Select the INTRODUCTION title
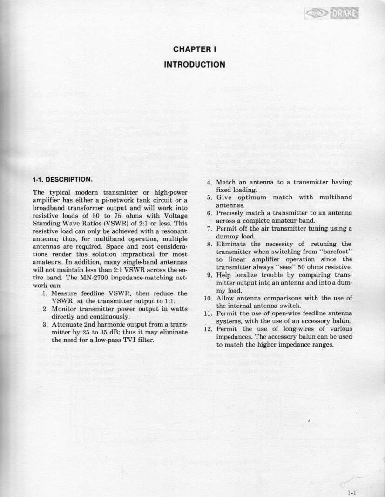click(x=195, y=64)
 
